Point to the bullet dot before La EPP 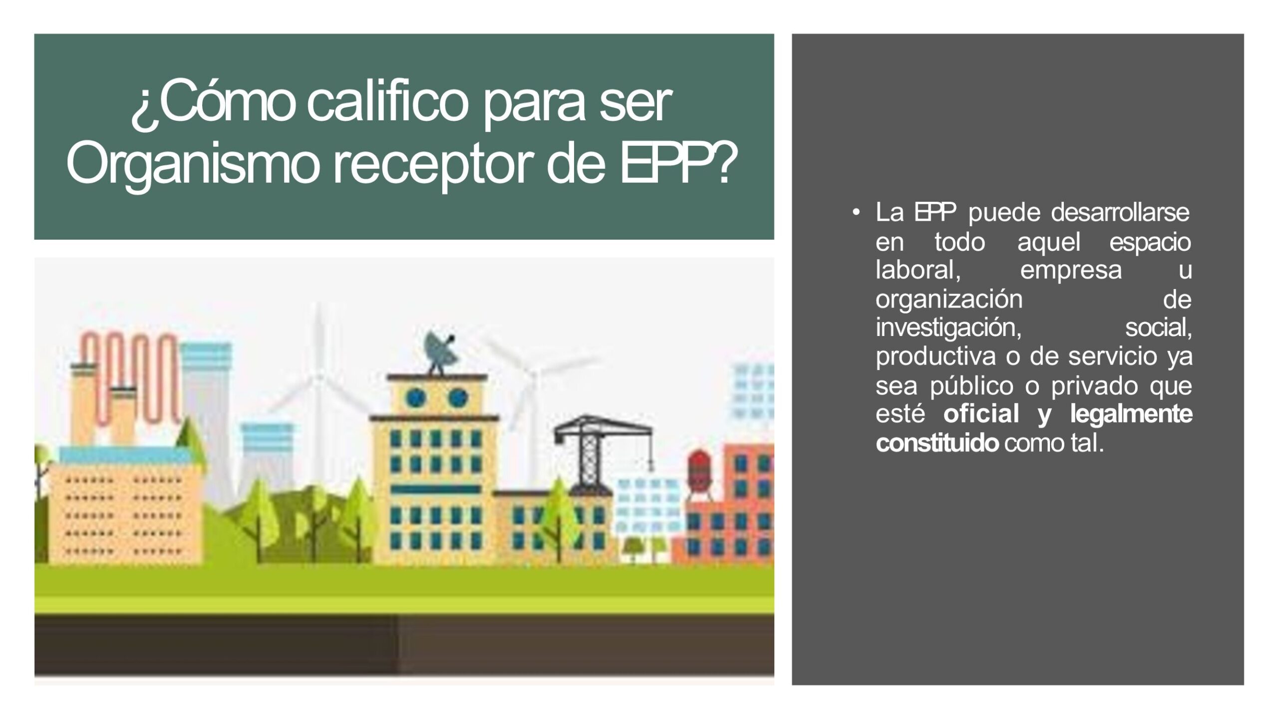856,213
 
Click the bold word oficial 981,414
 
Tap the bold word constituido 937,443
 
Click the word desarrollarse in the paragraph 1120,212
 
